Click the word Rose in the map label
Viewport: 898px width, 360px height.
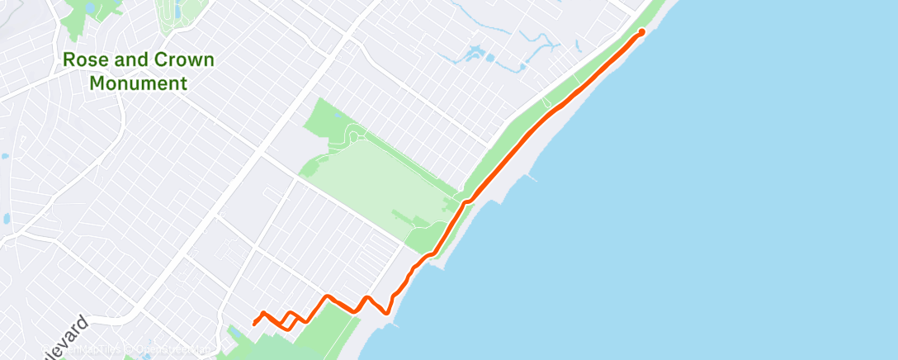pyautogui.click(x=83, y=60)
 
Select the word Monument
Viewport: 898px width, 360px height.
pyautogui.click(x=139, y=83)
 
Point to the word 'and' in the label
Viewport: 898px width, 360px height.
pyautogui.click(x=128, y=60)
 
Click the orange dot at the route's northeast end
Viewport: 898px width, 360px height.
pyautogui.click(x=642, y=33)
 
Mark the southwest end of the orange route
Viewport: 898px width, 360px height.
pyautogui.click(x=253, y=324)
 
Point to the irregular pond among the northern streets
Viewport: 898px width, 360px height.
pyautogui.click(x=474, y=56)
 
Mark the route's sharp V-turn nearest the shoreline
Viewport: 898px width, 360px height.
pyautogui.click(x=386, y=313)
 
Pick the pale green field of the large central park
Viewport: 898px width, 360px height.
pyautogui.click(x=371, y=182)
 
